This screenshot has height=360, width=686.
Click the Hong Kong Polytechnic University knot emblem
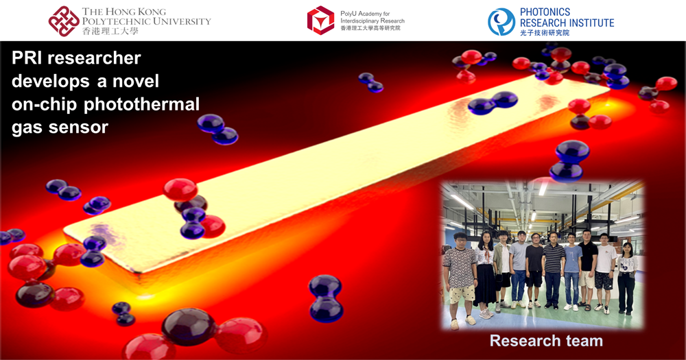pos(64,21)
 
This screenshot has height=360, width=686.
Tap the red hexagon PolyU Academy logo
pos(320,20)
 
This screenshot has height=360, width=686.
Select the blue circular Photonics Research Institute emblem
pos(501,22)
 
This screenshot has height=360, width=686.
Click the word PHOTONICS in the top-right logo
pos(545,12)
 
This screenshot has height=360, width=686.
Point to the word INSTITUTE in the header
pos(590,23)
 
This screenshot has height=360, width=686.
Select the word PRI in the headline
pos(26,58)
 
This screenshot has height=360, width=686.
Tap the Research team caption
pos(546,340)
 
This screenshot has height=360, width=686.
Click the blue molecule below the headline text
pos(217,130)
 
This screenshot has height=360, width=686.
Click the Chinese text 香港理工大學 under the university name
pos(110,31)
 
